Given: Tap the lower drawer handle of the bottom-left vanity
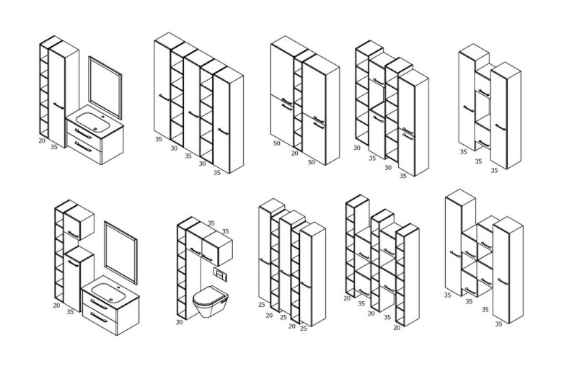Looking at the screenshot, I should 100,318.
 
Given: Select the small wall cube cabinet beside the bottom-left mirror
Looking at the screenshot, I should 79,220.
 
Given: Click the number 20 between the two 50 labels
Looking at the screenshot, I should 294,153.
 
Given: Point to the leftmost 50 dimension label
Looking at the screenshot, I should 277,144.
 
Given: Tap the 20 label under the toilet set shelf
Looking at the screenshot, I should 180,322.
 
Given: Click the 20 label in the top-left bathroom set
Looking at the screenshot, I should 42,140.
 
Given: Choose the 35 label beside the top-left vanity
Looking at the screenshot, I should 54,147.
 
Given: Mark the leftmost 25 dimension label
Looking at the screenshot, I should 261,305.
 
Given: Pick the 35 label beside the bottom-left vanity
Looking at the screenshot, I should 70,312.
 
